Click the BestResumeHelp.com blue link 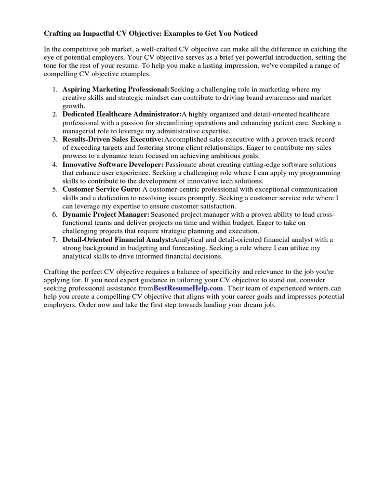pyautogui.click(x=188, y=288)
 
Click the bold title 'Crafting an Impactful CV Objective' pyautogui.click(x=111, y=33)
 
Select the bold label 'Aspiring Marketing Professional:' pyautogui.click(x=116, y=90)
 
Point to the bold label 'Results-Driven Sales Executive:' pyautogui.click(x=113, y=140)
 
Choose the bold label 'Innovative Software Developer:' pyautogui.click(x=113, y=165)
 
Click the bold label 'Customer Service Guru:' pyautogui.click(x=102, y=189)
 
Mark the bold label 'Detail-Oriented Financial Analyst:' pyautogui.click(x=118, y=239)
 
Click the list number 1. pyautogui.click(x=55, y=90)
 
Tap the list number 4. pyautogui.click(x=55, y=165)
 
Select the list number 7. pyautogui.click(x=55, y=239)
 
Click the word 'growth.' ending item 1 pyautogui.click(x=74, y=106)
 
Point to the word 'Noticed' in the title pyautogui.click(x=244, y=33)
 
